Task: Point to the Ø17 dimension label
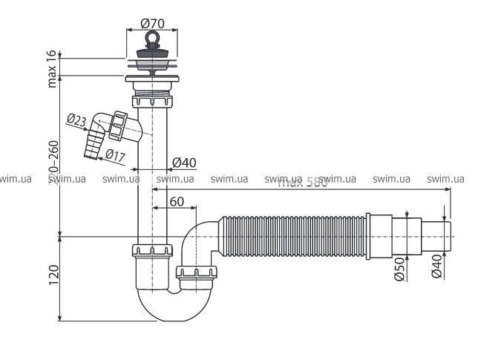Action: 114,154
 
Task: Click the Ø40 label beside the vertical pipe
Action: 184,163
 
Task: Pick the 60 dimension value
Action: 176,201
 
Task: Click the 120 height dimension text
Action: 53,277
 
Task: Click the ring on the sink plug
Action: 151,38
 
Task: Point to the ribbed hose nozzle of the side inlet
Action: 94,143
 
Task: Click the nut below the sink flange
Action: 151,99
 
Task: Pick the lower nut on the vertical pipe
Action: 151,251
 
